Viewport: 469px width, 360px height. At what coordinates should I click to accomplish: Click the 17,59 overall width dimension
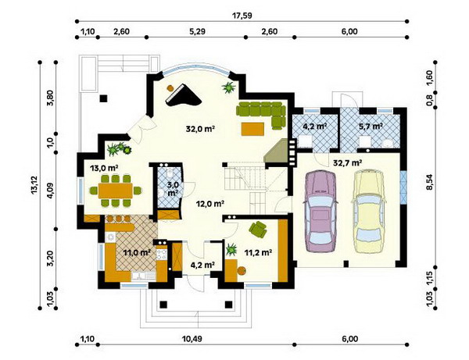click(242, 16)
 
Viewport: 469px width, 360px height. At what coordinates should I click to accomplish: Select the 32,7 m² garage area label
click(348, 163)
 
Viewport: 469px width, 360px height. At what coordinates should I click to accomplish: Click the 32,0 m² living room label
click(201, 129)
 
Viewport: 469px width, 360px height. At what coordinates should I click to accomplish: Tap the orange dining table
click(116, 191)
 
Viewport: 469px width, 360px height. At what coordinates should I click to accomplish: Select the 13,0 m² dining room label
click(104, 168)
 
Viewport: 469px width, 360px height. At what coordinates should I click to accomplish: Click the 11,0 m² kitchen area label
click(137, 253)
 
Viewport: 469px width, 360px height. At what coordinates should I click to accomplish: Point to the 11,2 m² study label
click(258, 253)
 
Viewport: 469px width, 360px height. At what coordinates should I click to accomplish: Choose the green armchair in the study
click(258, 229)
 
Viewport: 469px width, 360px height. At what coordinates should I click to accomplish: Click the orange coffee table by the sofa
click(253, 129)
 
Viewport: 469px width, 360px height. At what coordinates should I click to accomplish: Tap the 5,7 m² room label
click(371, 127)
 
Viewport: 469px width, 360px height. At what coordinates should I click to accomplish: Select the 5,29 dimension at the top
click(198, 31)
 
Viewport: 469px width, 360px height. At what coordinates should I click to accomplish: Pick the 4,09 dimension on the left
click(51, 191)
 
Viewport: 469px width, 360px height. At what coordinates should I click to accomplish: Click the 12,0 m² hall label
click(210, 204)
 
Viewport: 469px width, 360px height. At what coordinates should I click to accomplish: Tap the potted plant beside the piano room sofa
click(229, 87)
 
